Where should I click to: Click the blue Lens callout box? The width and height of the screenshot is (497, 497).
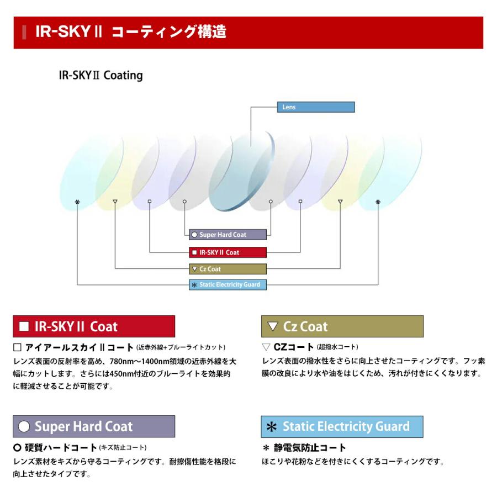coord(315,107)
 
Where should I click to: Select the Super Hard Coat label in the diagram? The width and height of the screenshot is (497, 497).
coord(228,235)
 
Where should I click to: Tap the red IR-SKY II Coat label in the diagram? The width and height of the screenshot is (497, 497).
coord(228,252)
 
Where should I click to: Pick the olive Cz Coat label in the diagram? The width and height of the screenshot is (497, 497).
coord(228,269)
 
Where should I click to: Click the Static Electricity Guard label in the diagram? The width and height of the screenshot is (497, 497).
coord(228,285)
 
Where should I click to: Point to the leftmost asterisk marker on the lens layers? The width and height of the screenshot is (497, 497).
coord(77,202)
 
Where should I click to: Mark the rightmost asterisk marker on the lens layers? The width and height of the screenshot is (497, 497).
coord(378,202)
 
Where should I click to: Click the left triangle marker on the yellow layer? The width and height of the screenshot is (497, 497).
coord(114,202)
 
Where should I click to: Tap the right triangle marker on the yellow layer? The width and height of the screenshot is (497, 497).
coord(340,202)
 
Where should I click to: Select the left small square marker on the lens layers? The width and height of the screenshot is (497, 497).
coord(150,202)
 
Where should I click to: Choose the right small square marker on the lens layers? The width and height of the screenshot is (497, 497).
coord(300,202)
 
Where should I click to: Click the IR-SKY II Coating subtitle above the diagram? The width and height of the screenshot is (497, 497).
coord(101,75)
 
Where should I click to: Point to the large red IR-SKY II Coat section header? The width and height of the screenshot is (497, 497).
coord(94,326)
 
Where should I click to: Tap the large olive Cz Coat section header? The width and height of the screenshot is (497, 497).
coord(342,326)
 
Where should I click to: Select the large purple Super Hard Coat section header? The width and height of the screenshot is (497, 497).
coord(94,426)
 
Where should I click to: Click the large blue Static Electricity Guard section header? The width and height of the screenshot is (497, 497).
coord(342,426)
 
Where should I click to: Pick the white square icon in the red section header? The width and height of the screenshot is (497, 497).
coord(24,326)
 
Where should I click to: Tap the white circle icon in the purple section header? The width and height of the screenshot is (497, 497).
coord(24,427)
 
